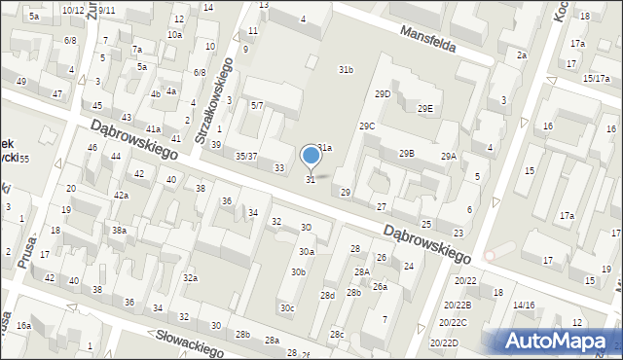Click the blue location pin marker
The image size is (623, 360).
(x=311, y=156)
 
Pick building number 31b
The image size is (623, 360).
(x=346, y=70)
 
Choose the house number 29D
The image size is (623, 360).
(x=383, y=93)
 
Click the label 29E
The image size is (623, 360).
(x=424, y=108)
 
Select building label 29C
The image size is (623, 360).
(x=367, y=126)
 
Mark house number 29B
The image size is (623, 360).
(x=406, y=153)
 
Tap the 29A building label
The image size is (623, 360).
(x=448, y=157)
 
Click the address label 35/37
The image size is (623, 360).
(x=246, y=156)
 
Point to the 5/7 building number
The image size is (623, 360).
(x=257, y=105)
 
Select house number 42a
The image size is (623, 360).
(x=121, y=196)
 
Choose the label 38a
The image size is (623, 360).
(x=119, y=231)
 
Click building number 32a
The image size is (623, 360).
(x=190, y=278)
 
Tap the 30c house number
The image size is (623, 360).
(x=287, y=308)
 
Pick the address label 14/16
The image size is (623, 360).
(x=524, y=306)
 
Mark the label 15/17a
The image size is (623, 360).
(x=596, y=78)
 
